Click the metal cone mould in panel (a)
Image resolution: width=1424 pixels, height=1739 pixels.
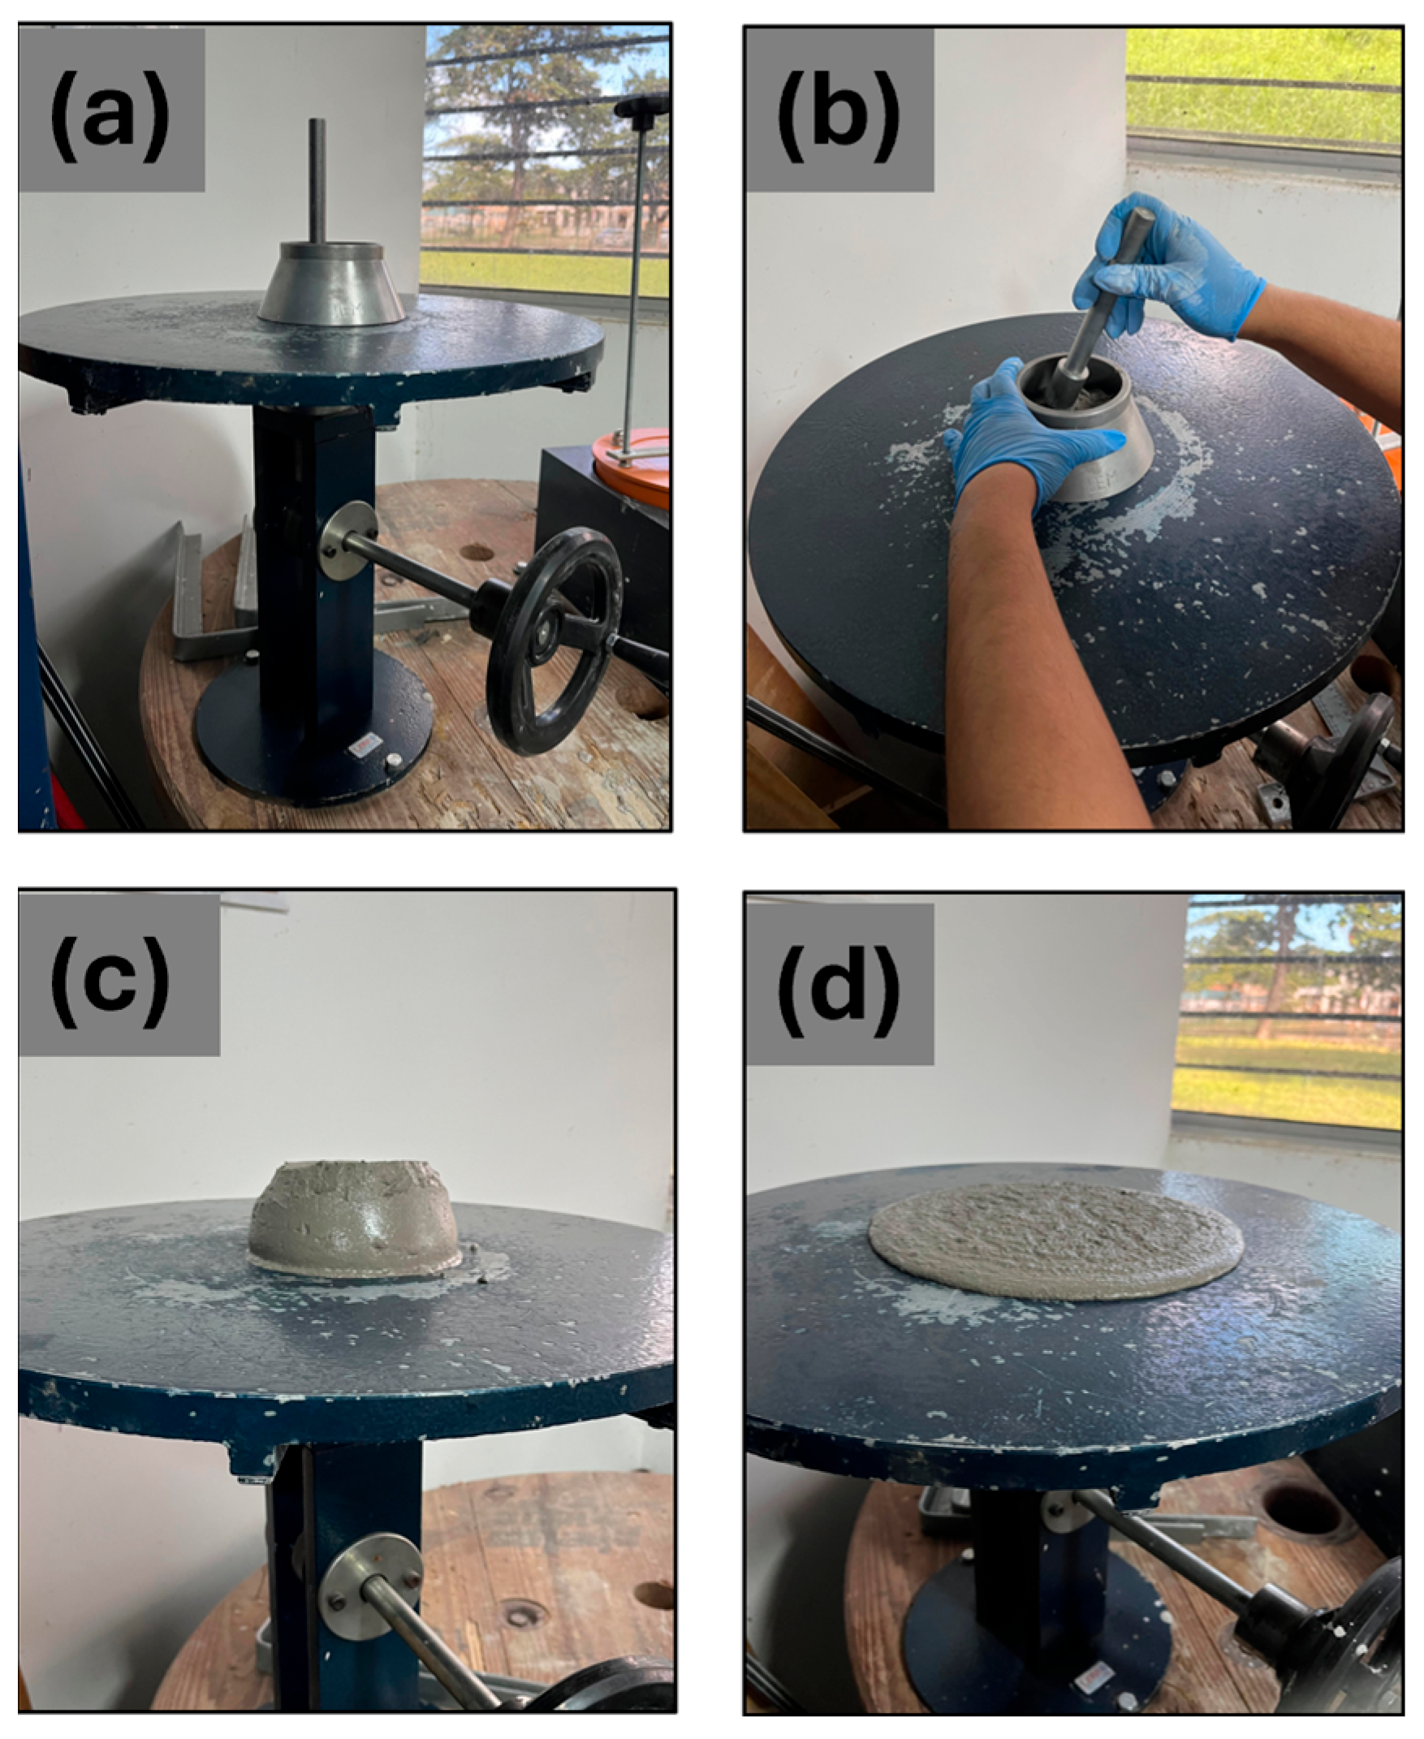331,283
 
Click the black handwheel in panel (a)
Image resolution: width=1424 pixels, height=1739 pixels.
554,641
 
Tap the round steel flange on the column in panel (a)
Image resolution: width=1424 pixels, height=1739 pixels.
344,539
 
